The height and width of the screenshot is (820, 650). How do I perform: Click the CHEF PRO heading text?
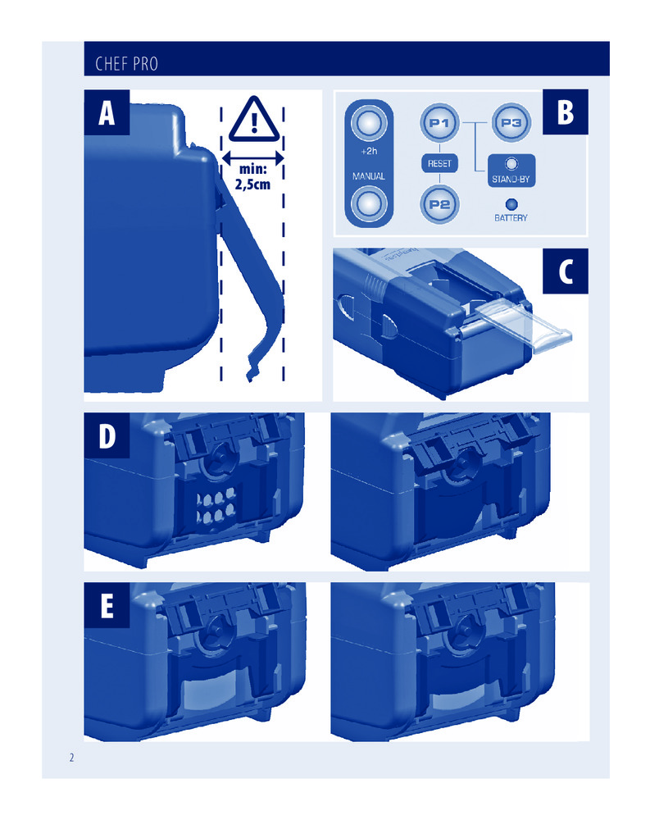[x=126, y=64]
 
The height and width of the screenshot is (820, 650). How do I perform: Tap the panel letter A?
[x=107, y=113]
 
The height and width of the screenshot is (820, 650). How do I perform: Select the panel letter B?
[x=566, y=112]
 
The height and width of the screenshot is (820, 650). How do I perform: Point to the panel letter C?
[x=566, y=271]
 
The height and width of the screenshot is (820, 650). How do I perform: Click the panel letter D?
[x=107, y=435]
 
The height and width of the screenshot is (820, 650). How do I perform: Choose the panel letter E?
[x=107, y=606]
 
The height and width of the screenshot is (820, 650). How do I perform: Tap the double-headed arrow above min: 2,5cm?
[x=252, y=157]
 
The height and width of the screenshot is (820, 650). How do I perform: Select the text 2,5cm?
[x=252, y=184]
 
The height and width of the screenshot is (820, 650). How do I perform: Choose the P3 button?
[x=511, y=124]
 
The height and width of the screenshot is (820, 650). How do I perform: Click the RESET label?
[x=439, y=164]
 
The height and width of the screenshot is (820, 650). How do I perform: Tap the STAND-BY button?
[x=511, y=171]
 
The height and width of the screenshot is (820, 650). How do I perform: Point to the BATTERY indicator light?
[x=511, y=204]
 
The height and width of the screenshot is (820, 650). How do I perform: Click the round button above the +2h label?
[x=369, y=124]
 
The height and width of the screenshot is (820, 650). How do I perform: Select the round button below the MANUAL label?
[x=369, y=204]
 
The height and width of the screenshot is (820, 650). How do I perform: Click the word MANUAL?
[x=369, y=176]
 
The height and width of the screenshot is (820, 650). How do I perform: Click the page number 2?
[x=71, y=757]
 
